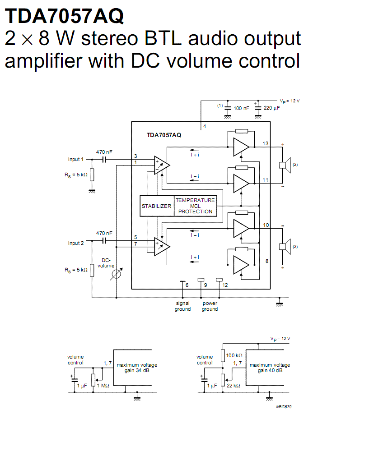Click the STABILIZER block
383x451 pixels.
pos(157,206)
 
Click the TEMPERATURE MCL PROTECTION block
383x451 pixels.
pos(195,206)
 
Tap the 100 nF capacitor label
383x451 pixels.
pos(241,108)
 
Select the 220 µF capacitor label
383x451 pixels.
pos(271,108)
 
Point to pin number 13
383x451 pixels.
pos(266,143)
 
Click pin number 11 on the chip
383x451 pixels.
pos(265,180)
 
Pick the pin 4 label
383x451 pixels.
pos(205,126)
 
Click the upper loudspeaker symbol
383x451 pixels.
pos(285,165)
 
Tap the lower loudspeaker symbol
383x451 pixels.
pos(285,247)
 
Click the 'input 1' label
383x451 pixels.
pos(76,159)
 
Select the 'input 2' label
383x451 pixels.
pos(76,244)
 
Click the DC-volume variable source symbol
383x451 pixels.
pos(117,274)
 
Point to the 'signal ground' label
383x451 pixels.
pos(182,306)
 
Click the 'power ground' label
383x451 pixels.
pos(210,306)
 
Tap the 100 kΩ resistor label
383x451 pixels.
pos(234,355)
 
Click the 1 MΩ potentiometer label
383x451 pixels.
pos(103,386)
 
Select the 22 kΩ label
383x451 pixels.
pos(233,386)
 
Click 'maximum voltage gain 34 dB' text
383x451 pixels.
pos(137,368)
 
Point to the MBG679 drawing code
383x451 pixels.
pos(284,407)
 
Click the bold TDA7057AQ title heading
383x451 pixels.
pos(64,16)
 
